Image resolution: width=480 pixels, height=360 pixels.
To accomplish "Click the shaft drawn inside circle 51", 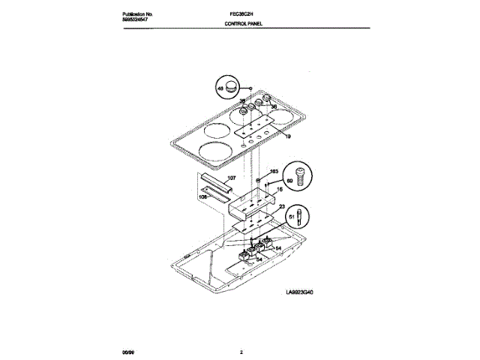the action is tap(301, 217).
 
